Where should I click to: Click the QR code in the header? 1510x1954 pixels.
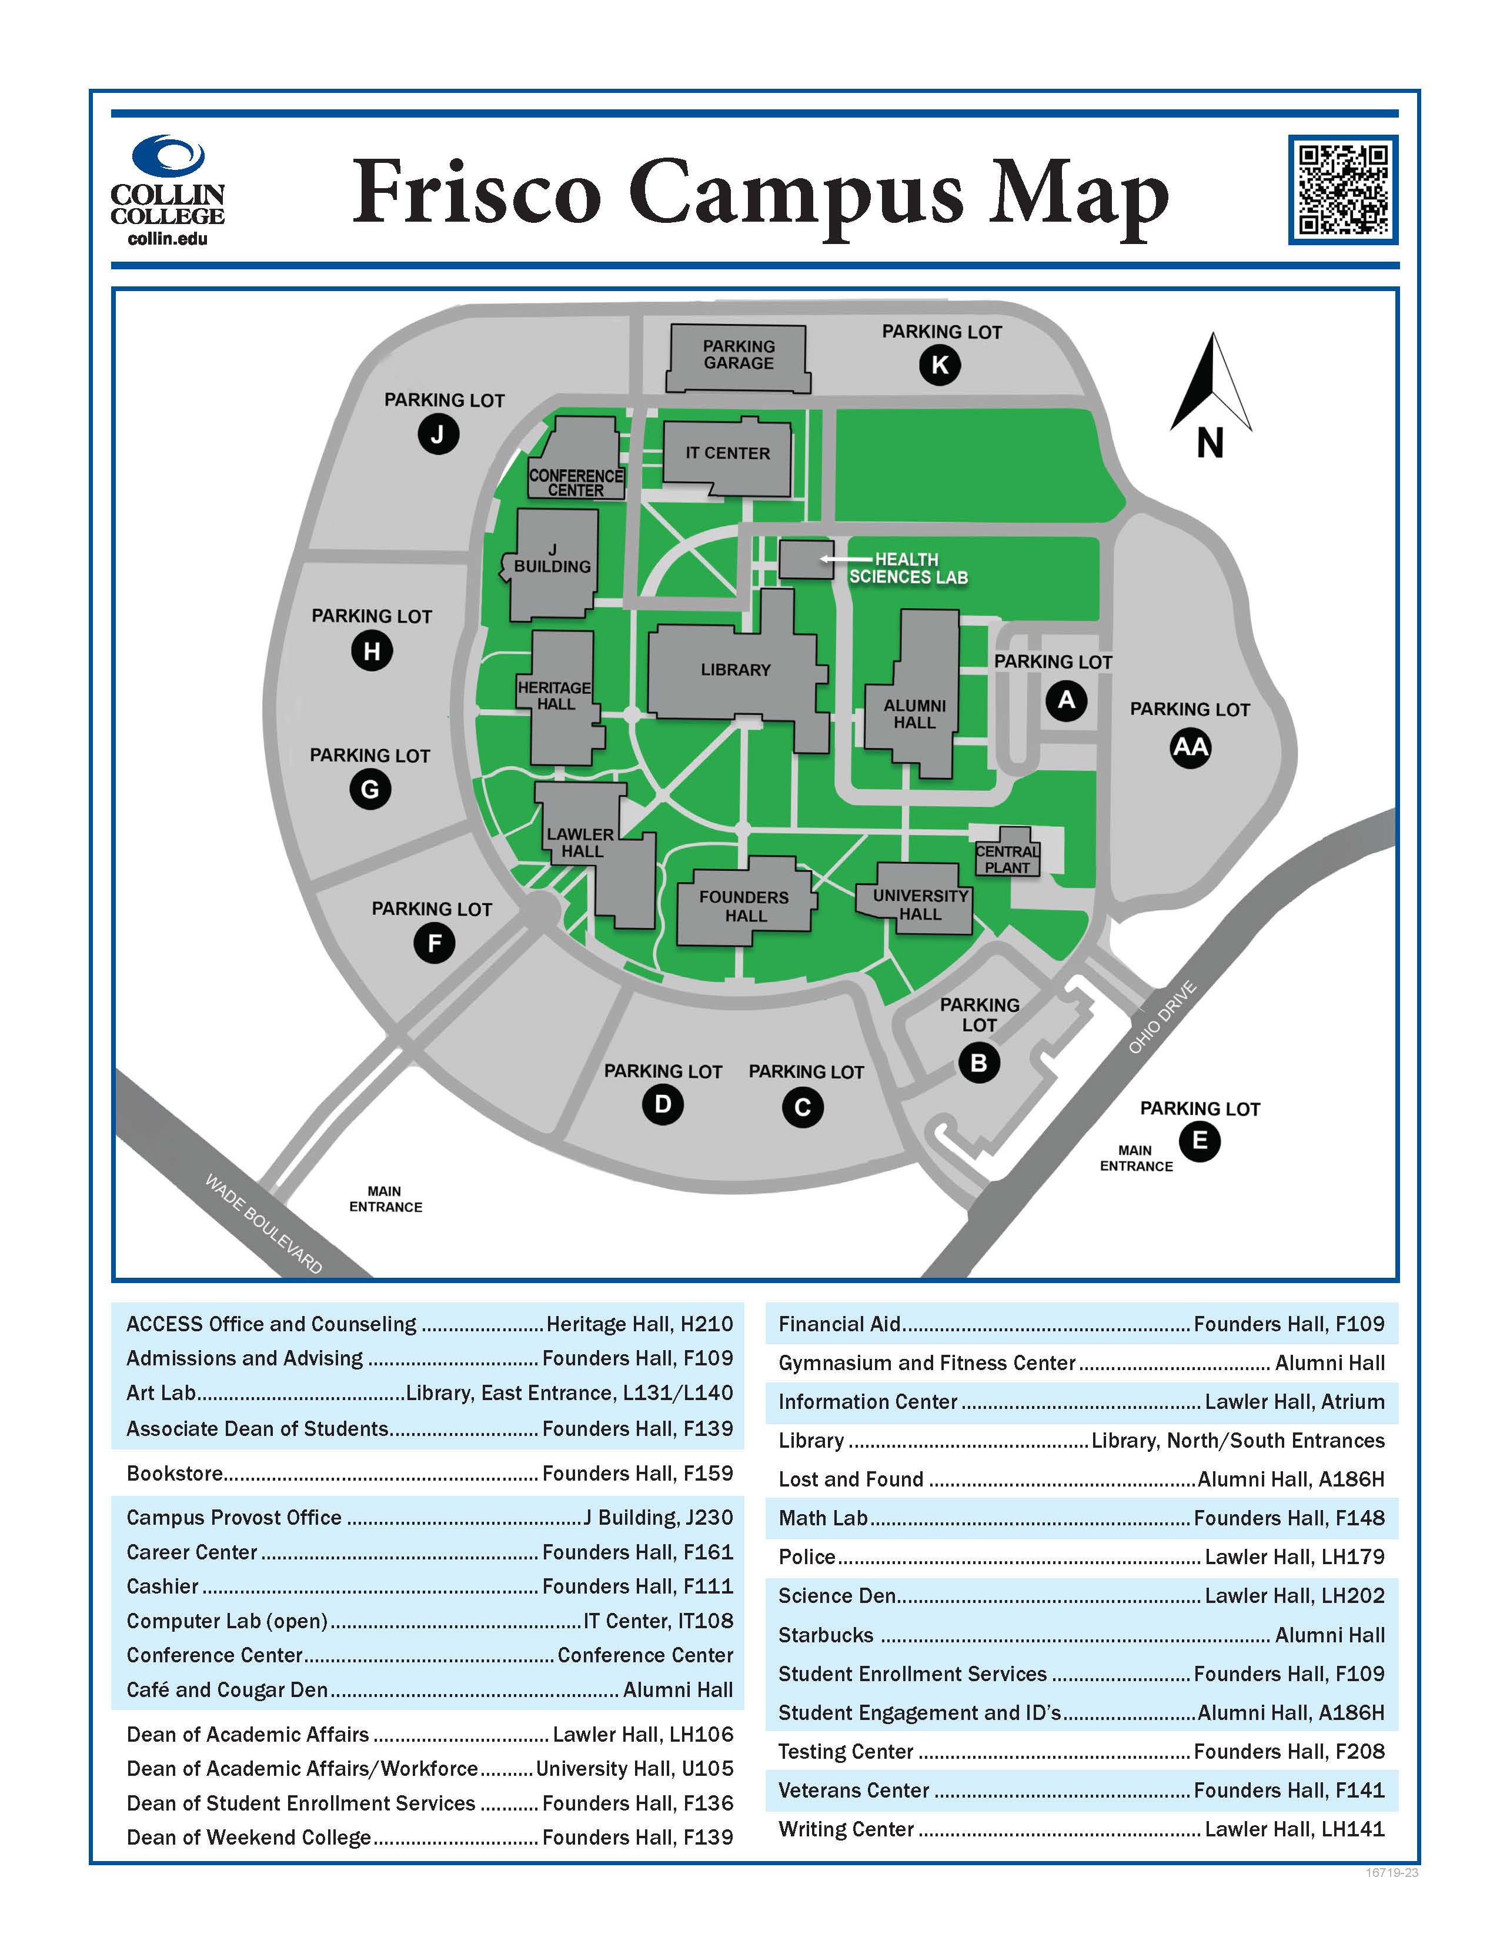tap(1343, 190)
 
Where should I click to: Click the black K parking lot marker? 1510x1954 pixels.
tap(939, 365)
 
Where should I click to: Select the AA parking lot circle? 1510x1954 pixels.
tap(1190, 747)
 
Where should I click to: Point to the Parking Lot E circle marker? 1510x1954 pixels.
tap(1200, 1141)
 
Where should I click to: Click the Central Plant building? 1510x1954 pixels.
tap(1007, 851)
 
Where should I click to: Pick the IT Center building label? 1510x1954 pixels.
tap(727, 453)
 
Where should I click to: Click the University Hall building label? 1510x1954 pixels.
tap(920, 904)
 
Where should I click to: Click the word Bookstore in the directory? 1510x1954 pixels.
tap(175, 1472)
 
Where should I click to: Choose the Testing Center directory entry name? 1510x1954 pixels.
tap(846, 1751)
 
